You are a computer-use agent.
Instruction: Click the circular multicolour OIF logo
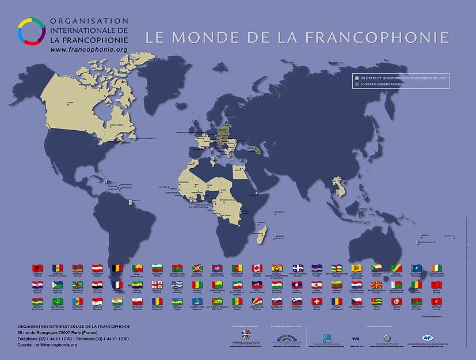(x=30, y=31)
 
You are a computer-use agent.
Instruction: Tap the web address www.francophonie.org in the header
(x=89, y=50)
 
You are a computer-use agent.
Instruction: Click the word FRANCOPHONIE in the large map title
(x=376, y=37)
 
